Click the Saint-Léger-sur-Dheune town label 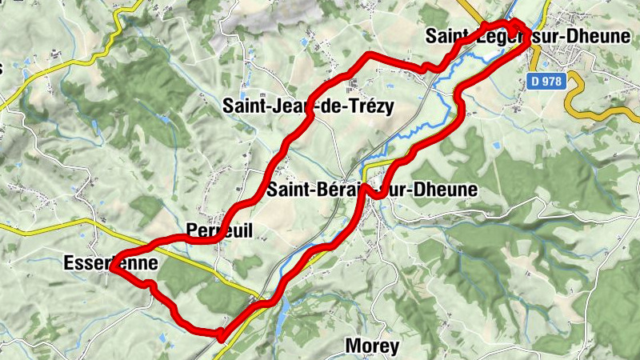click(528, 37)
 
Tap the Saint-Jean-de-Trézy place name click(309, 106)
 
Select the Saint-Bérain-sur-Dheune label click(372, 190)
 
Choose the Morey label click(371, 346)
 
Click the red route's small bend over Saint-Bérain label click(370, 194)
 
